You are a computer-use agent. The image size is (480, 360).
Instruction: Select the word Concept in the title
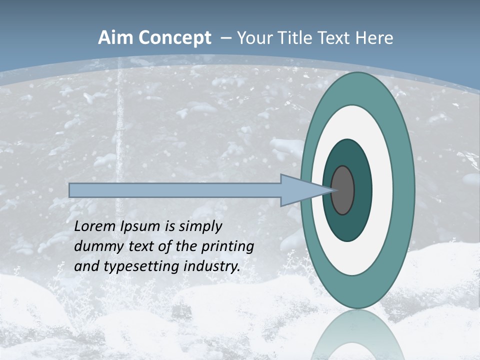point(174,38)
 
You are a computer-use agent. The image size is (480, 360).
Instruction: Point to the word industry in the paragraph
point(212,266)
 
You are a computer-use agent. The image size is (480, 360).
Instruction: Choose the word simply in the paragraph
point(200,227)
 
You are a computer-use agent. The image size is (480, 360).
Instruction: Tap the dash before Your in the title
point(225,38)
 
